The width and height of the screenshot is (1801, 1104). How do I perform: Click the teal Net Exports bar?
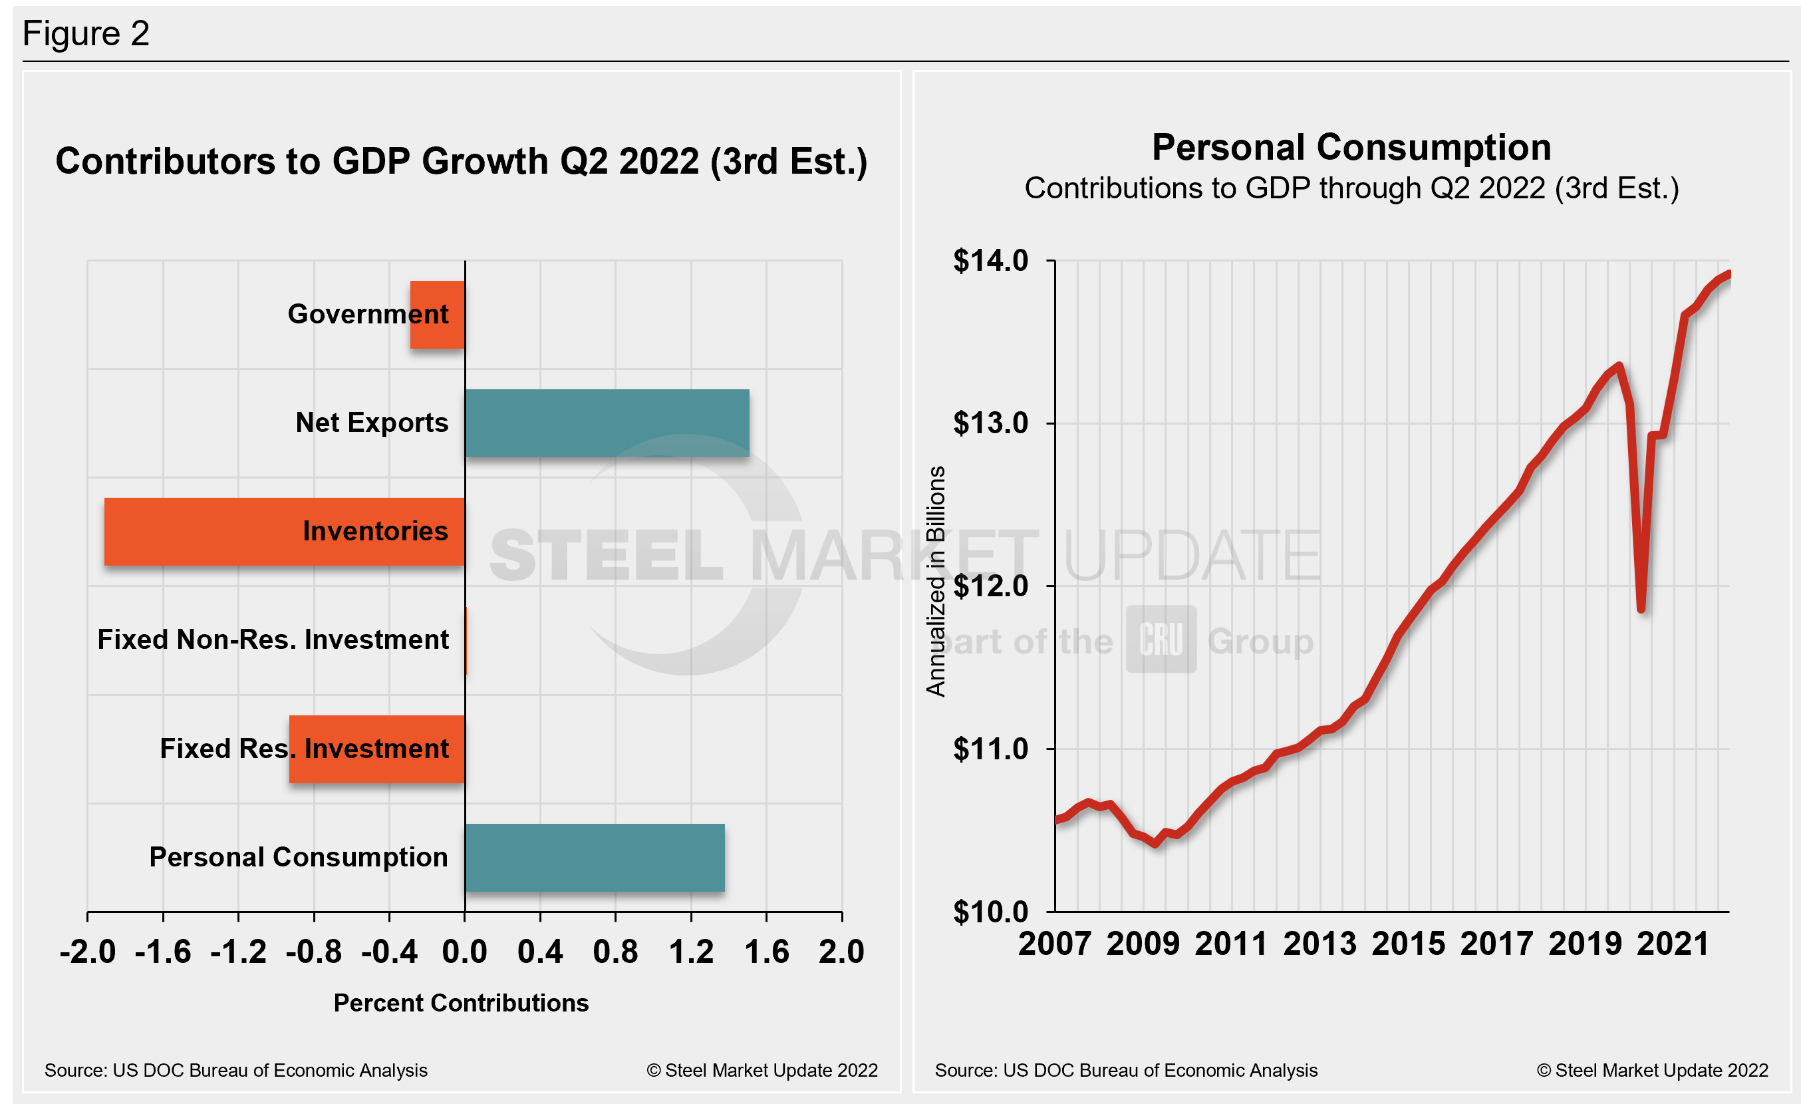coord(607,423)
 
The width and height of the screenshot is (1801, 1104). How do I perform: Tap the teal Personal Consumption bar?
coord(595,858)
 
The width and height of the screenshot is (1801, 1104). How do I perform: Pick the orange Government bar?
coord(437,314)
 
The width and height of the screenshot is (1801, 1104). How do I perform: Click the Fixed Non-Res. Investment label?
coord(273,640)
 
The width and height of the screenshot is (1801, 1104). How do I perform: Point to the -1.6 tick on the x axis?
coord(163,952)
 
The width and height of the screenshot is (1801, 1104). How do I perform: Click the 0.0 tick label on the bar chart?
coord(464,952)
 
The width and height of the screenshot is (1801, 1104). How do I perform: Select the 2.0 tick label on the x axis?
coord(841,952)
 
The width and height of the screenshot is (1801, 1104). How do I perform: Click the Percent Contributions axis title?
coord(460,1003)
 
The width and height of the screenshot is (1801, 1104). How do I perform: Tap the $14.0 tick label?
coord(990,261)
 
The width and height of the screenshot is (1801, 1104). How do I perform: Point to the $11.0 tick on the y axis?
coord(990,749)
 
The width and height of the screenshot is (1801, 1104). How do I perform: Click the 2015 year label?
coord(1408,944)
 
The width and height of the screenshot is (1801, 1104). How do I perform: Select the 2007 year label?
coord(1055,944)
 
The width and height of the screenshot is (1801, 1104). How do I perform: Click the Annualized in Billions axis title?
coord(936,581)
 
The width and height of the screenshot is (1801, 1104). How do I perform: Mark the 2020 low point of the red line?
coord(1641,608)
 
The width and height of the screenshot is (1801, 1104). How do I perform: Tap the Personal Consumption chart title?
coord(1351,148)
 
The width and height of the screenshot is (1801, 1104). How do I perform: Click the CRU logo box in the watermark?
coord(1161,639)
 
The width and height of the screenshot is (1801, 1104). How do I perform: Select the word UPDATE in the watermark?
coord(1191,556)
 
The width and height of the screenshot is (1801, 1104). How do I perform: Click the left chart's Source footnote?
coord(235,1070)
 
